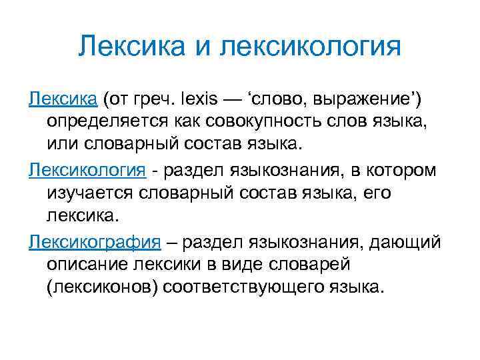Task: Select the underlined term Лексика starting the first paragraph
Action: [x=63, y=99]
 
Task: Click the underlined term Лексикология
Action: [x=87, y=170]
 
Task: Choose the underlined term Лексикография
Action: [x=95, y=241]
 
